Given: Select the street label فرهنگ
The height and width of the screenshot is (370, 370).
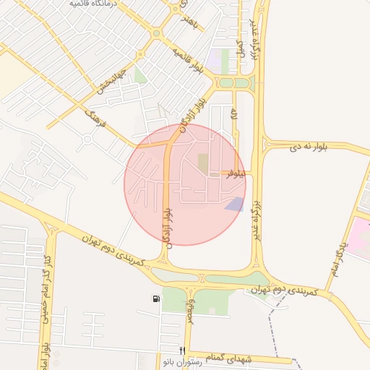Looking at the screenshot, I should coord(95,118).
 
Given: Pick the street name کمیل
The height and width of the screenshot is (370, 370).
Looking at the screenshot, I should coord(240,48).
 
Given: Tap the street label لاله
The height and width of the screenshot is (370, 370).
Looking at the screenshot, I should coord(233,114).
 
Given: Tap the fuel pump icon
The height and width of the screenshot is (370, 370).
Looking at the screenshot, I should coord(156,298).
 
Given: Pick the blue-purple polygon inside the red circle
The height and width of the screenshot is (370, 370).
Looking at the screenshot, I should coord(234,205).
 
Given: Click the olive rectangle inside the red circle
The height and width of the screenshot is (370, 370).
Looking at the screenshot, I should coord(203,163).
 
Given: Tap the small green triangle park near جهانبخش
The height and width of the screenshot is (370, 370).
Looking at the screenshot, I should coord(139,75).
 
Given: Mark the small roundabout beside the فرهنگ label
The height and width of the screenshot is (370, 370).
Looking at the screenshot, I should coord(87,138).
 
